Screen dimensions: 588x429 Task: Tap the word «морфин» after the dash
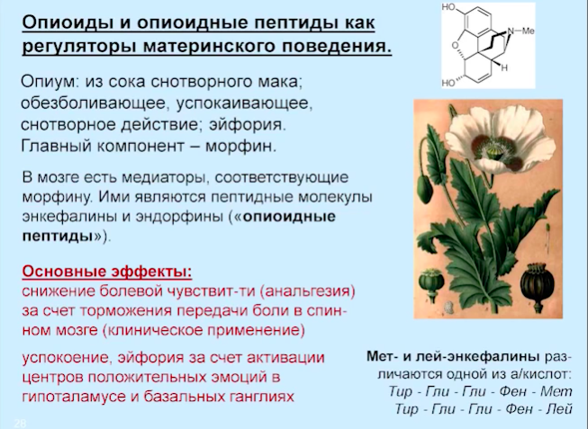click(240, 146)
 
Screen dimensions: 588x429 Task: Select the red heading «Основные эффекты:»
click(107, 271)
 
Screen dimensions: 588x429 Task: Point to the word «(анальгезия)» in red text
click(310, 291)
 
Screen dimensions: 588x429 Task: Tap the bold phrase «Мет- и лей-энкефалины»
click(453, 356)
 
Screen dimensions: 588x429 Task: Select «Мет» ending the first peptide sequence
click(556, 391)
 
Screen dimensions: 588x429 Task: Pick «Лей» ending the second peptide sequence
click(559, 408)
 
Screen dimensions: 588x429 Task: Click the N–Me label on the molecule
click(520, 31)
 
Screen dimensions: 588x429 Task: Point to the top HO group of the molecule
click(448, 7)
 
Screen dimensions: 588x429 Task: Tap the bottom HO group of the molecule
click(448, 83)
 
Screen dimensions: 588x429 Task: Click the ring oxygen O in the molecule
click(455, 46)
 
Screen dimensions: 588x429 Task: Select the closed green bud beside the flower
click(425, 189)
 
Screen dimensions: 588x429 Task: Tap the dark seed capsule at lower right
click(537, 282)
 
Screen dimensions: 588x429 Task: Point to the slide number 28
click(20, 424)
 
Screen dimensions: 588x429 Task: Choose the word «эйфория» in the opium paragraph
click(247, 125)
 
